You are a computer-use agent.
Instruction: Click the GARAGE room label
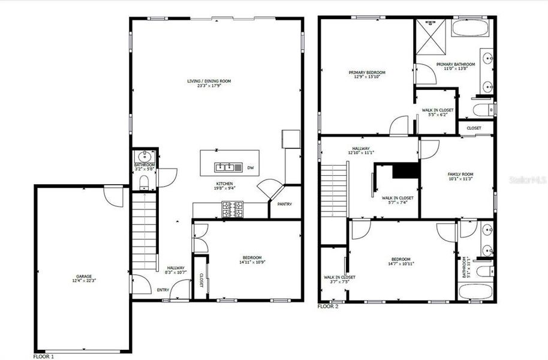coord(84,276)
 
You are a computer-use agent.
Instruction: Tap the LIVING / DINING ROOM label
coord(209,81)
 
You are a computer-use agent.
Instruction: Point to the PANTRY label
coord(285,204)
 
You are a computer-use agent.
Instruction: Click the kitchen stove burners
coord(233,209)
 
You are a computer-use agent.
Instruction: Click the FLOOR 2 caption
coord(328,306)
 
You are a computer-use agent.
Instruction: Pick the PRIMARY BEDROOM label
coord(367,72)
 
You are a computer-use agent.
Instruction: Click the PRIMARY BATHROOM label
coord(456,64)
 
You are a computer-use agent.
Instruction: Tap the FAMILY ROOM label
coord(460,174)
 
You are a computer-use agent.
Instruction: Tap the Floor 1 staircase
coord(143,234)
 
